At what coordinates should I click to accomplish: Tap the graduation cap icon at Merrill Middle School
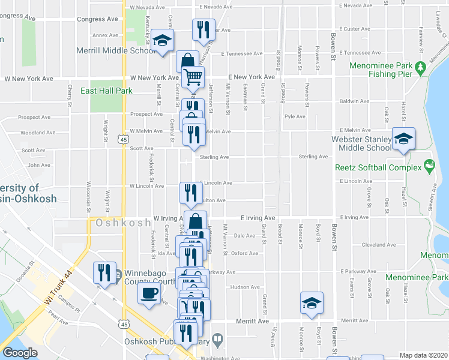[161, 41]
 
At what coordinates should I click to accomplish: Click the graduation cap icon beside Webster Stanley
[404, 140]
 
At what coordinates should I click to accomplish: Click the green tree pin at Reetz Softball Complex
[429, 164]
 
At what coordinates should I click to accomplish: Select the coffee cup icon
[149, 294]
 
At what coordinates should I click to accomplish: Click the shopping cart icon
[193, 77]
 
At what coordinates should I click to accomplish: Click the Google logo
[20, 353]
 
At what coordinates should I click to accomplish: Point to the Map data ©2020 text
[423, 355]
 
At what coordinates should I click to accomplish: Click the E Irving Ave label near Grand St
[258, 218]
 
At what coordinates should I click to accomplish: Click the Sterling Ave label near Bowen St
[313, 157]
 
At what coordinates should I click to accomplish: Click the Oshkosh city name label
[122, 223]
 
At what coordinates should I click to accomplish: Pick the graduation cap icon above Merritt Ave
[312, 303]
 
